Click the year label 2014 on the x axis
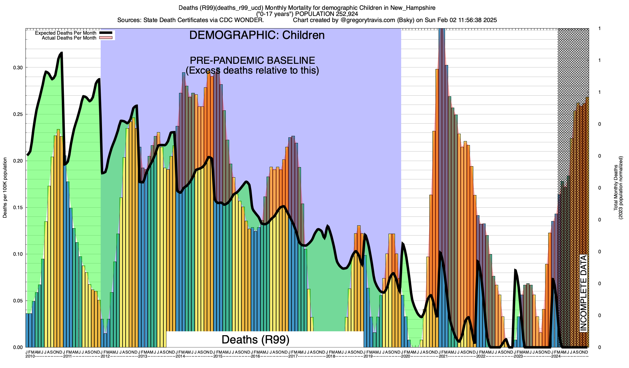tap(180, 356)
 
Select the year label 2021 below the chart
tap(443, 356)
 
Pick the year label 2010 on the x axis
tap(30, 356)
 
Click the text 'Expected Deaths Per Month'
tap(65, 33)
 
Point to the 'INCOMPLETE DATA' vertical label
tap(583, 293)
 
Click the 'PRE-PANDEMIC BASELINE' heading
tap(252, 60)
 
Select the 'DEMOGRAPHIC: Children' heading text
tap(257, 35)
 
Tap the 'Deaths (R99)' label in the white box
tap(255, 339)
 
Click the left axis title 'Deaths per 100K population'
tap(5, 188)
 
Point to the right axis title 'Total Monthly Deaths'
tap(616, 188)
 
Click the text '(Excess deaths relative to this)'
tap(252, 71)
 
